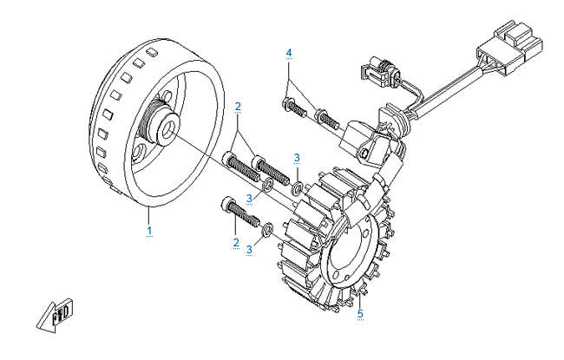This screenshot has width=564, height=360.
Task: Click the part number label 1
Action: coord(149,230)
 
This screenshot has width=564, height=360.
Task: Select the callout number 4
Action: coord(290,53)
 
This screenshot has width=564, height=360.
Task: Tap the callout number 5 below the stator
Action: coord(360,314)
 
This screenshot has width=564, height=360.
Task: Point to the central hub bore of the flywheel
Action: coord(166,128)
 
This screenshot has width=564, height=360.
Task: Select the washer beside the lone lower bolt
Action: coord(269,228)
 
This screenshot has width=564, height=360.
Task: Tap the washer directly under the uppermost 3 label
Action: coord(298,187)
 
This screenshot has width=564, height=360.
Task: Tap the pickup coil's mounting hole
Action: coord(367,154)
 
